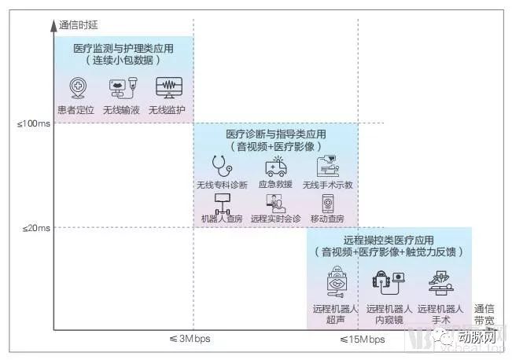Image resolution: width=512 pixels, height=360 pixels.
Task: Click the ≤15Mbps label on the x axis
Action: click(x=362, y=340)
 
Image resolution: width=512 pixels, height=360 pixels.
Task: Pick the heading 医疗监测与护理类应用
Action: click(x=123, y=49)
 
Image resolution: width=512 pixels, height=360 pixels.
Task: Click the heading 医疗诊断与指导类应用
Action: click(x=276, y=134)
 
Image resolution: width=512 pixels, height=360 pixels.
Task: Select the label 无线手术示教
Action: click(x=328, y=185)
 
